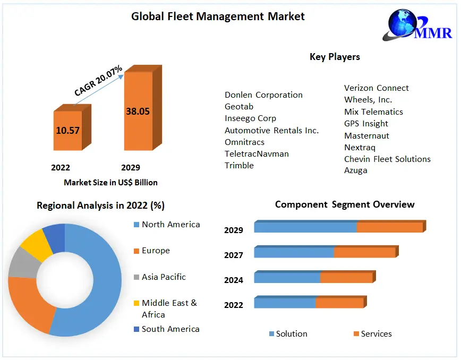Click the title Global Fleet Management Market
click(218, 16)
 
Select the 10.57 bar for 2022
click(68, 130)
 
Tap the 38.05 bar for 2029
click(138, 112)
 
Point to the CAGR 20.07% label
click(98, 81)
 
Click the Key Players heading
click(335, 57)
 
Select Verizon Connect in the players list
click(377, 88)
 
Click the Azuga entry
click(356, 170)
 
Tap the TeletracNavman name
click(257, 154)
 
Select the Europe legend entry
click(156, 251)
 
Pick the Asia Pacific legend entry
click(164, 277)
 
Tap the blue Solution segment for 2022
click(285, 303)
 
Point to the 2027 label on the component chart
click(234, 255)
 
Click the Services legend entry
click(376, 334)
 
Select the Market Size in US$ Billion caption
click(110, 183)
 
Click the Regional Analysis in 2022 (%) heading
click(100, 205)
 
